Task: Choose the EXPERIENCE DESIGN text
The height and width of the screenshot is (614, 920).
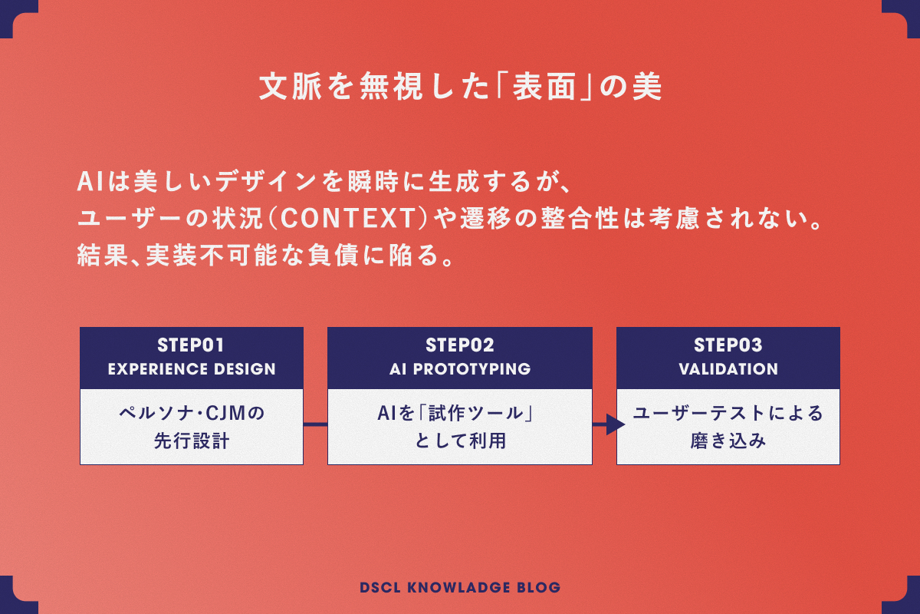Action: point(192,369)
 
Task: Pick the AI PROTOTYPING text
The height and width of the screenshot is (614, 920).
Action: point(460,369)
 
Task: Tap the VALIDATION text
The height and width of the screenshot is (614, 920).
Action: point(728,369)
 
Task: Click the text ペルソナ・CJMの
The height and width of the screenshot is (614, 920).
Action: point(192,414)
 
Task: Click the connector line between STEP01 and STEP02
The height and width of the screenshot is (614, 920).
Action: point(315,424)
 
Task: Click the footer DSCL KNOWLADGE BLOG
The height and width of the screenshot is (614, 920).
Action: point(460,588)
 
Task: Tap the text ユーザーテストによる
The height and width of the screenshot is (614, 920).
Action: point(728,414)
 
